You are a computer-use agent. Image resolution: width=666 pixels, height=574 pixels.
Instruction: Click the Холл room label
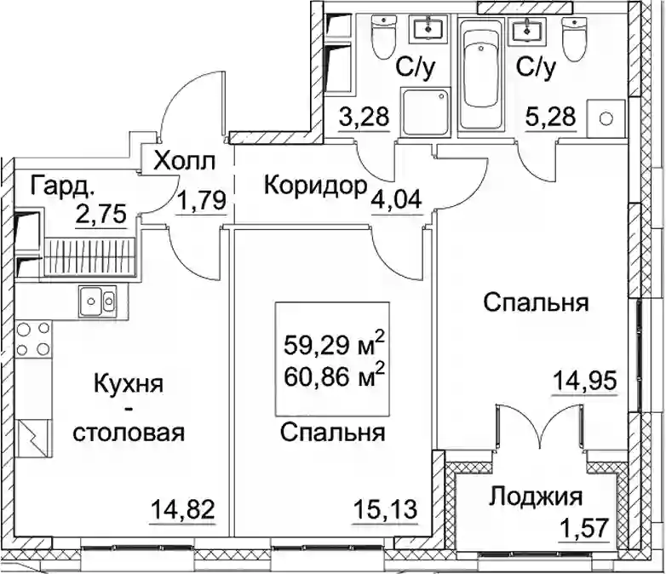coord(185,161)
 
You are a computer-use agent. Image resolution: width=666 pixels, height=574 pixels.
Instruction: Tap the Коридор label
coord(315,186)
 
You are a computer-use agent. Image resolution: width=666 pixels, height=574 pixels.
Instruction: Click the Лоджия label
coord(536,497)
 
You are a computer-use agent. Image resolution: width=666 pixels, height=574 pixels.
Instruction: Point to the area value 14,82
coord(183,509)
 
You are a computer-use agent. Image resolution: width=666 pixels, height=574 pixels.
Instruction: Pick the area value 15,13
coord(385,509)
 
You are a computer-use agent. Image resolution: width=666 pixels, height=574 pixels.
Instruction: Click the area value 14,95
coord(584,382)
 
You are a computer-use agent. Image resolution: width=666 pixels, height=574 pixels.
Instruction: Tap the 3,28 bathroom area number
coord(364,117)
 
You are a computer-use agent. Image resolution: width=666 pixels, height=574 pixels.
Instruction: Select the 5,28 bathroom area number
coord(551,117)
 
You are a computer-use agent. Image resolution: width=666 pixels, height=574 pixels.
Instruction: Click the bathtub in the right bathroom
coord(480,73)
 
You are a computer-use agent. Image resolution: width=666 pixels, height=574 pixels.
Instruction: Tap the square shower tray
coord(425,112)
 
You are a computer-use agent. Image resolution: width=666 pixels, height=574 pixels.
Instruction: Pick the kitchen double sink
coord(97,301)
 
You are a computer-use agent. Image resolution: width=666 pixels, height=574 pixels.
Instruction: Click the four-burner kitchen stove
coord(32,339)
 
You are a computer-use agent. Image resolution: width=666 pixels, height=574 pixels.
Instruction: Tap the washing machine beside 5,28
coord(606,118)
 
